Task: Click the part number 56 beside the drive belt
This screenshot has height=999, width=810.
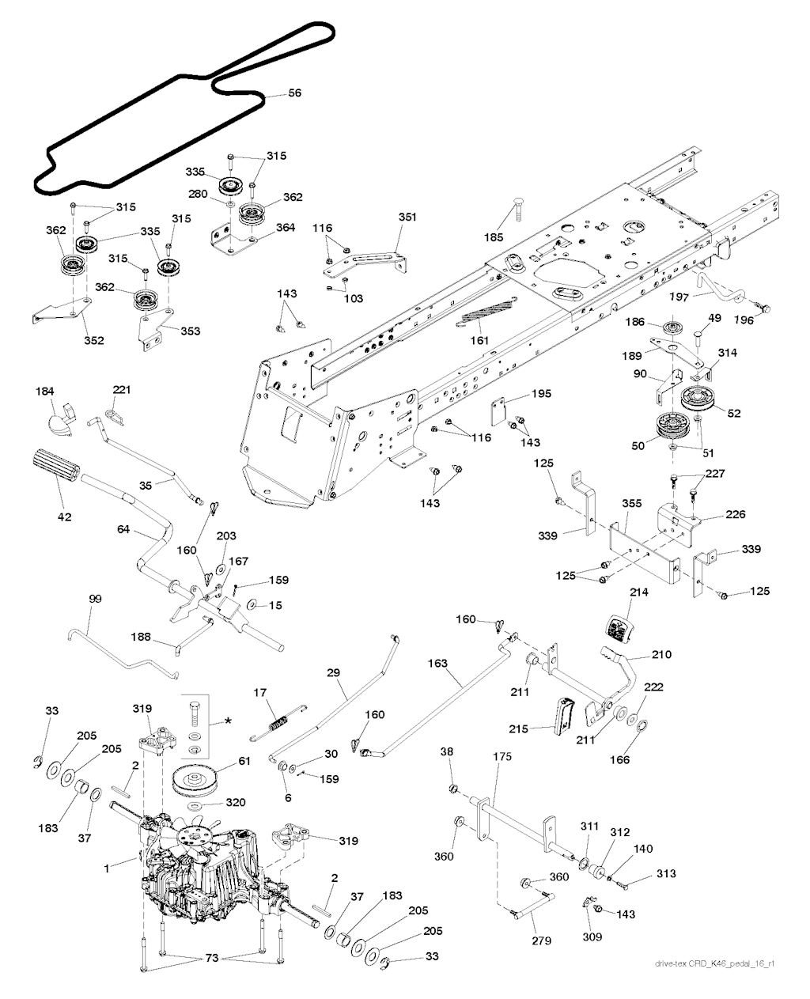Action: (294, 93)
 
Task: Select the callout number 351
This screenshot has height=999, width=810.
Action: (407, 218)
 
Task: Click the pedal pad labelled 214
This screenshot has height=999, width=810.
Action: (618, 628)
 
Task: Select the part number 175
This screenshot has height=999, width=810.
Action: (502, 756)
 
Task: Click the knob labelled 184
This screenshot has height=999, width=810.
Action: (60, 419)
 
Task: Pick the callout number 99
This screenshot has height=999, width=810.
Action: (95, 599)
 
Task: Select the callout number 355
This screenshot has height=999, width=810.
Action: (632, 503)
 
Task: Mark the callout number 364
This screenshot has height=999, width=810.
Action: (286, 228)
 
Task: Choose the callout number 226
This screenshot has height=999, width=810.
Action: (736, 514)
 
